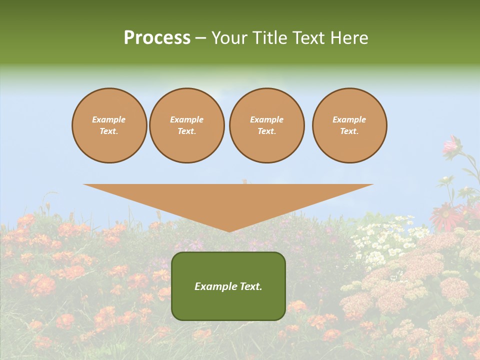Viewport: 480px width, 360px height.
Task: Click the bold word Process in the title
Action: (157, 37)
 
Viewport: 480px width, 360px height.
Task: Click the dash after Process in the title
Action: (200, 38)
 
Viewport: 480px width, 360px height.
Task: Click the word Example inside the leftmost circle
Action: (109, 119)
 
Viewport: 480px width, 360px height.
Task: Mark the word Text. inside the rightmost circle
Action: (349, 131)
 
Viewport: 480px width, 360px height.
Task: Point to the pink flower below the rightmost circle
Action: (451, 145)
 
